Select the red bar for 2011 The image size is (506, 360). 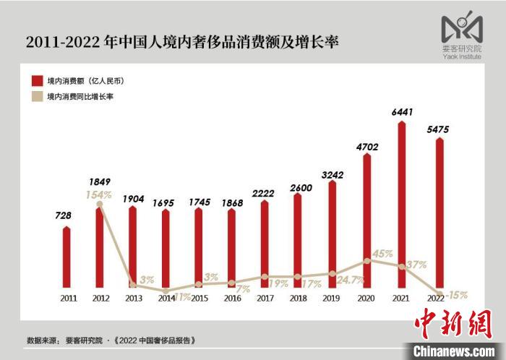[x=67, y=258]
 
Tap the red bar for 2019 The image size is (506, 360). [x=332, y=235]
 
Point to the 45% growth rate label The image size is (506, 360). [x=383, y=254]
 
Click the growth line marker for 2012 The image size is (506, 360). [x=99, y=204]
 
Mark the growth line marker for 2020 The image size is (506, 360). [x=366, y=261]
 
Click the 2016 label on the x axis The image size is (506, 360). [x=231, y=297]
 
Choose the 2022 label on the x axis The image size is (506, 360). [x=434, y=297]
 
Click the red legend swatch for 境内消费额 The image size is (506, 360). [x=36, y=80]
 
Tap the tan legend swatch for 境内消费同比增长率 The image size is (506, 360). [x=36, y=96]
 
